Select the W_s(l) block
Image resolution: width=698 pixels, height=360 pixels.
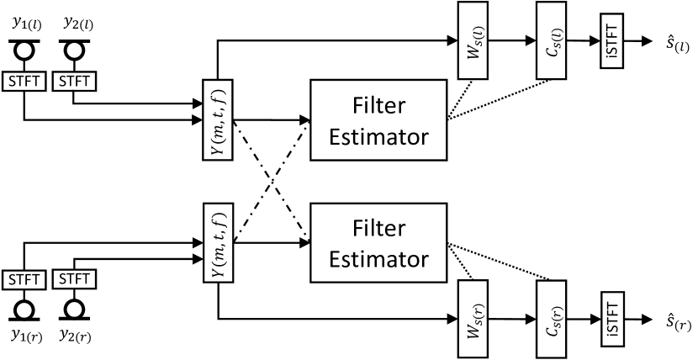click(472, 40)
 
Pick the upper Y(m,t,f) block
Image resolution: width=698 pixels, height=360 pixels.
click(218, 119)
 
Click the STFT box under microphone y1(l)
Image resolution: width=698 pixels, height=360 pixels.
click(24, 82)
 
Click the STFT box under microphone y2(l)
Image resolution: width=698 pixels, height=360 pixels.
click(75, 82)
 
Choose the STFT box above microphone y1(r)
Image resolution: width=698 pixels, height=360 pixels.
click(24, 278)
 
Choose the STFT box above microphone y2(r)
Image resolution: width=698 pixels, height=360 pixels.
click(75, 278)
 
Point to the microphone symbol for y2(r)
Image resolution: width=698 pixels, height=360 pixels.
click(75, 308)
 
